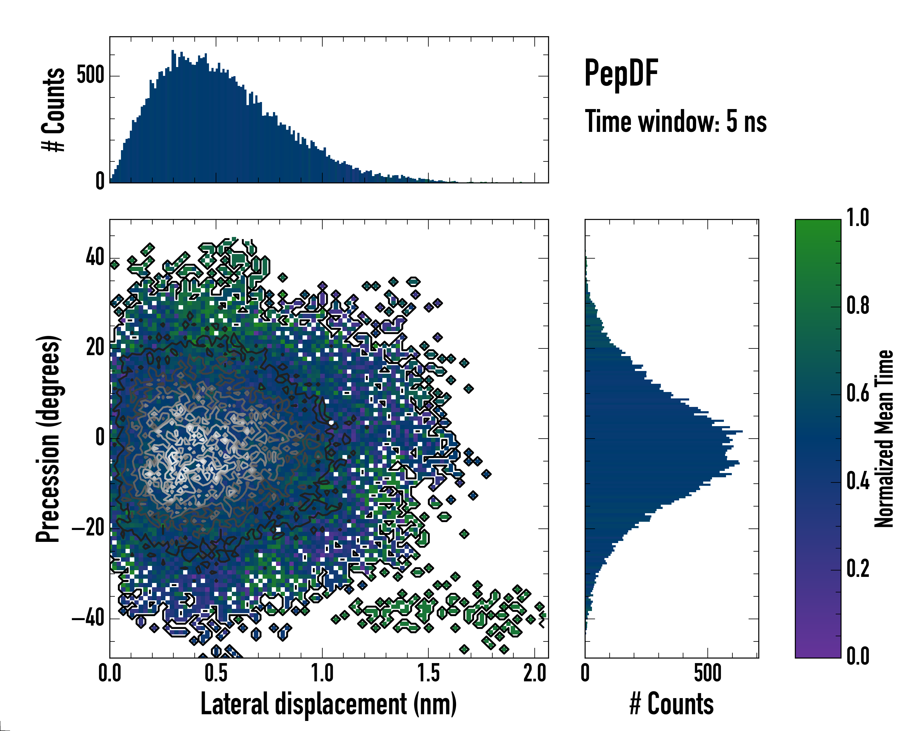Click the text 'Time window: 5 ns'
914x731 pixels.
point(676,122)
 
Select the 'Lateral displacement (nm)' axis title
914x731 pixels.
point(328,704)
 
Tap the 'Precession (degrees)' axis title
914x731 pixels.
point(48,439)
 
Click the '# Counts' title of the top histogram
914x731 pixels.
point(53,110)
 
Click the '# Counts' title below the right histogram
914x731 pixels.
point(671,704)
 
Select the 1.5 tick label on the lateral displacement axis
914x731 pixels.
point(428,673)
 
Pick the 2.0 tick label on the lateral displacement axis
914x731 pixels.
point(535,673)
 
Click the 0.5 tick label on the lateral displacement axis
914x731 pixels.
point(216,673)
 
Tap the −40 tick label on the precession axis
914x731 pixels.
point(88,618)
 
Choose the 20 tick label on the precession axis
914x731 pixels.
point(95,348)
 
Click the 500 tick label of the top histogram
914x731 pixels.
point(90,76)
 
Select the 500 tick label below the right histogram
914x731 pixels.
point(707,673)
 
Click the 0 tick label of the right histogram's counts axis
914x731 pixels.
point(585,673)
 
